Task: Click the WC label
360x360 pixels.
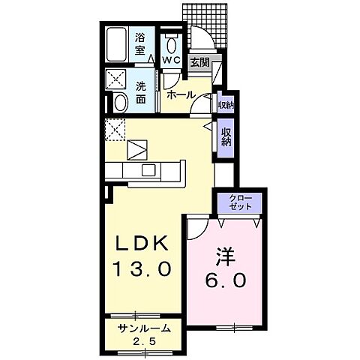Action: (170, 60)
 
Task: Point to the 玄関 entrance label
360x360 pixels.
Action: (199, 62)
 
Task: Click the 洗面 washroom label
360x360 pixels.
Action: (140, 91)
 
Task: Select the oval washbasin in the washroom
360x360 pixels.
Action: (119, 103)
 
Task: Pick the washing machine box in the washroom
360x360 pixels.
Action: (117, 79)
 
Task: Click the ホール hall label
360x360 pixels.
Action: (181, 94)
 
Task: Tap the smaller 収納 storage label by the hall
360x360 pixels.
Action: (225, 104)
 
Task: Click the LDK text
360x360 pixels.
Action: (145, 244)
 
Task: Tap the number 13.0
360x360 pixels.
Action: (145, 268)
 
